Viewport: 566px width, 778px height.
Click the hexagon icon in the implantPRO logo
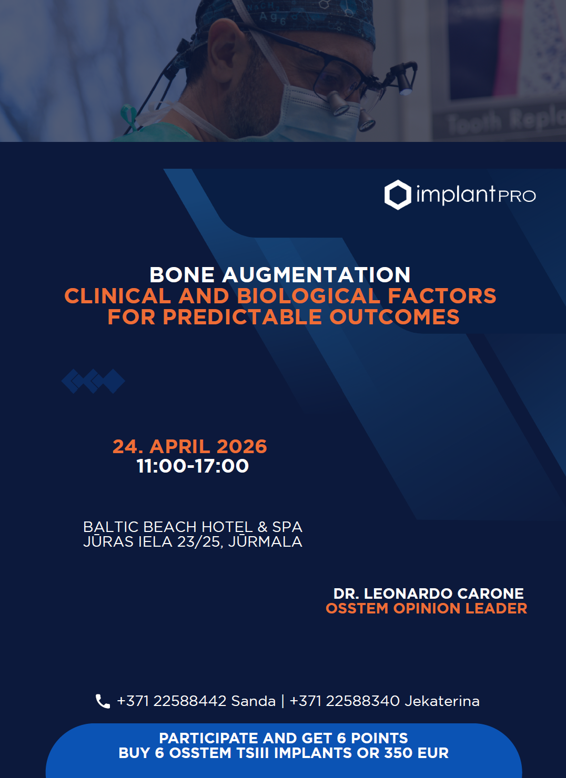[398, 194]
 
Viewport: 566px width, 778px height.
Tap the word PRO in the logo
[517, 196]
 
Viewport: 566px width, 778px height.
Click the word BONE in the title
[181, 275]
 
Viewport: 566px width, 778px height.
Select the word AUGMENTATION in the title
[316, 275]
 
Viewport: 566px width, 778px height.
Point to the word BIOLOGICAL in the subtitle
[309, 296]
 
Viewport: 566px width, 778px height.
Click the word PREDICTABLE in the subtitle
[242, 317]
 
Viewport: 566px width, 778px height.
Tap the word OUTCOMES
[395, 317]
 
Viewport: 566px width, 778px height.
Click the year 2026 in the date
[242, 446]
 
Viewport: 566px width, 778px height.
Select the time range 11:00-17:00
[193, 466]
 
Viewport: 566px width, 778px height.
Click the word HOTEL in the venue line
[227, 527]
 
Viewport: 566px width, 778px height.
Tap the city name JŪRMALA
[265, 541]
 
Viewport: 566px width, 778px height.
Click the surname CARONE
[490, 593]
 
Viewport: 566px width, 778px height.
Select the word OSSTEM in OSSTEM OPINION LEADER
[357, 609]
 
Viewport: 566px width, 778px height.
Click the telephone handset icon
[103, 701]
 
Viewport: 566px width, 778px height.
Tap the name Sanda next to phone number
[254, 701]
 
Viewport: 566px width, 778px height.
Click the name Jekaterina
[442, 701]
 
